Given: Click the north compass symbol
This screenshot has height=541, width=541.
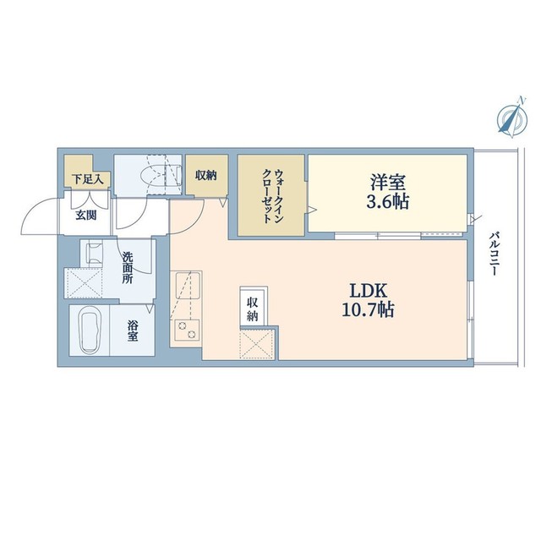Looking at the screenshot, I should tap(510, 119).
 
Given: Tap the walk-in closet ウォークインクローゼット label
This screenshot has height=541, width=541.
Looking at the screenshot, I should tap(272, 195).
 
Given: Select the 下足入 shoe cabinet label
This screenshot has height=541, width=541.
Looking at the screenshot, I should tap(86, 178).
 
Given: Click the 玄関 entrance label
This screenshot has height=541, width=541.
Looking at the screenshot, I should tap(86, 215).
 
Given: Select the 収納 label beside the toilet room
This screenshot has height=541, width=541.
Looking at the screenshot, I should tap(205, 176).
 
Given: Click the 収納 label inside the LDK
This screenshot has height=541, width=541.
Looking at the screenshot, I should tap(253, 309).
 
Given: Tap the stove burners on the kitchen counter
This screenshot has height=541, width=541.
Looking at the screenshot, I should tap(185, 329).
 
